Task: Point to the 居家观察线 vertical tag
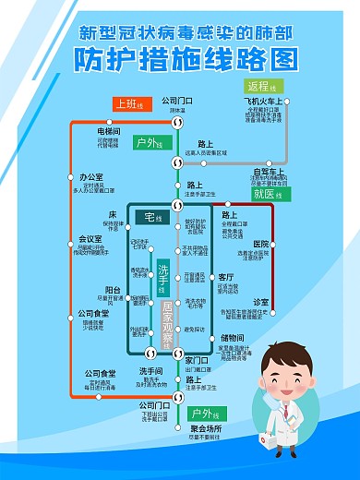click(167, 323)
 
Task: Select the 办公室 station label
click(90, 176)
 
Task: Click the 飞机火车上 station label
click(265, 101)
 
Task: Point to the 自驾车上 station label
click(265, 171)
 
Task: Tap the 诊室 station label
click(261, 302)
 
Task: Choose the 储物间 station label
click(231, 338)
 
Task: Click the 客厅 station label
click(226, 276)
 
